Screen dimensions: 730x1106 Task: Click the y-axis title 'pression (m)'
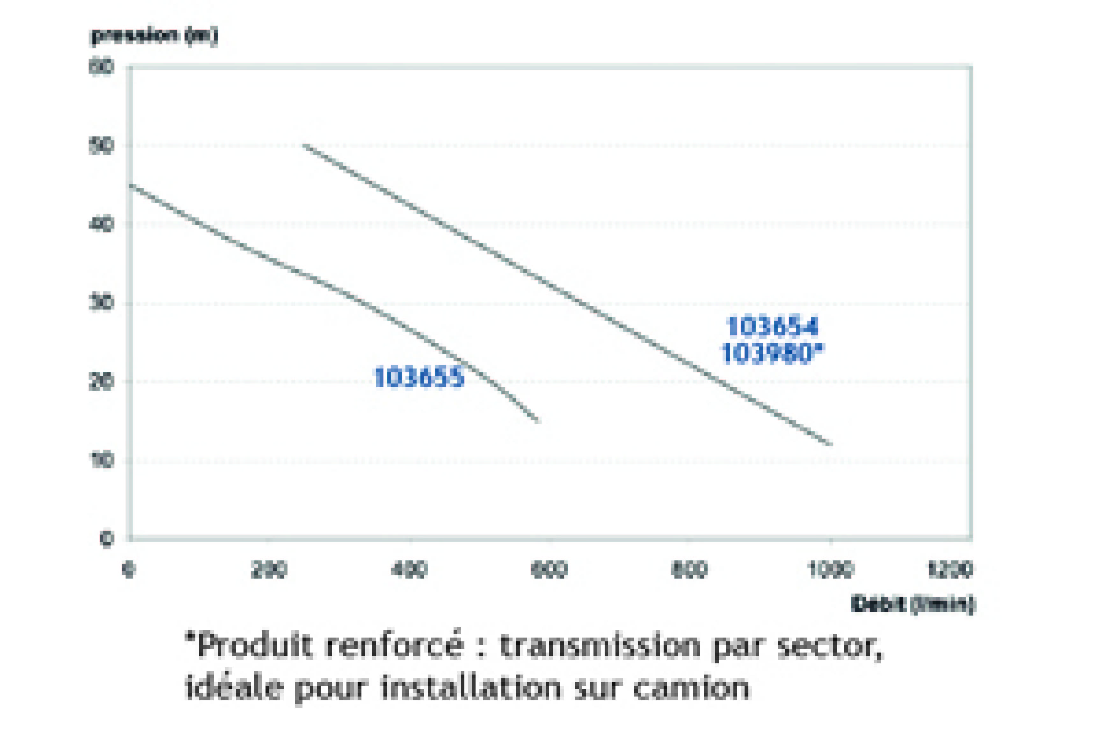[x=154, y=35]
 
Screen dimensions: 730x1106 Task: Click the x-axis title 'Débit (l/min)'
[x=912, y=604]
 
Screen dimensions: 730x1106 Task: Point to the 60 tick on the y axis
[x=101, y=67]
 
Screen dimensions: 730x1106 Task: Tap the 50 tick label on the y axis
[x=101, y=146]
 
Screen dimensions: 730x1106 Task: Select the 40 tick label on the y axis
[x=101, y=224]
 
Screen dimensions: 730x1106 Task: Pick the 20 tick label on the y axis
[x=101, y=382]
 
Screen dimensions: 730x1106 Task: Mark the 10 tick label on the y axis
[x=101, y=460]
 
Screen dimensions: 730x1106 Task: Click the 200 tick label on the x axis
[x=269, y=569]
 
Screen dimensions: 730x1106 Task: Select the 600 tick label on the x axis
[x=549, y=569]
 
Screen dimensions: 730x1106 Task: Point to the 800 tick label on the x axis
[x=689, y=569]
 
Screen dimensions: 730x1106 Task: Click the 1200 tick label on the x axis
[x=950, y=569]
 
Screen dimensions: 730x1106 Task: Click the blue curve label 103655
[x=419, y=377]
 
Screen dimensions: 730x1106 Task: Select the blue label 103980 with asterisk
[x=773, y=353]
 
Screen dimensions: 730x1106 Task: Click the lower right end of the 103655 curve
[x=538, y=421]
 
